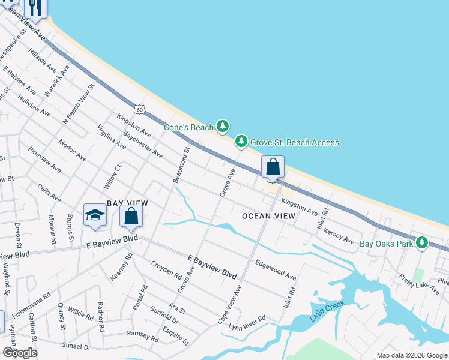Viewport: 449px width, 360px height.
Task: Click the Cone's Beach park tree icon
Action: click(223, 125)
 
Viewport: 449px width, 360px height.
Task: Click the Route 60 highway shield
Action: click(139, 109)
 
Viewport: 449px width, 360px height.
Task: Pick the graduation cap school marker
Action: click(95, 216)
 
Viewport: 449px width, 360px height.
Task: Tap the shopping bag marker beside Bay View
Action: click(131, 217)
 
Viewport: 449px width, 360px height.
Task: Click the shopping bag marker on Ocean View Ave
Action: click(273, 167)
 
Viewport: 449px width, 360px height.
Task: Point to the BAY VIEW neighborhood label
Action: click(127, 204)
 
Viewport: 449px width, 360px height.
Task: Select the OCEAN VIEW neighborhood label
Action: click(268, 216)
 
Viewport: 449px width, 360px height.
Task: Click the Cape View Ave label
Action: click(231, 302)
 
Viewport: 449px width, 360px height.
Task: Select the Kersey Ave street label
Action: click(339, 236)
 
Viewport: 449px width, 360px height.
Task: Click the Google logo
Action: click(20, 353)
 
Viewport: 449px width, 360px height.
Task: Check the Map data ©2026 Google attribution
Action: click(412, 355)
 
